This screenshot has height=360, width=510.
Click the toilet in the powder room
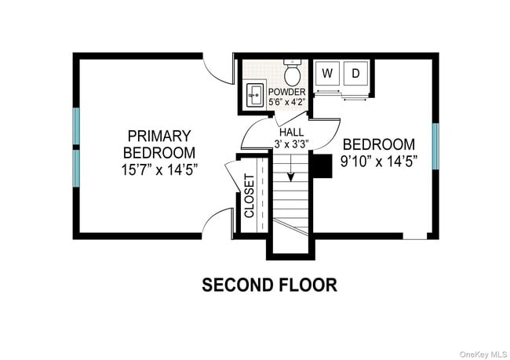[293, 73]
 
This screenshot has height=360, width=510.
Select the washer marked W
[328, 74]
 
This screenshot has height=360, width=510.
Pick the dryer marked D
[355, 74]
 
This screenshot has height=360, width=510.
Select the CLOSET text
[250, 196]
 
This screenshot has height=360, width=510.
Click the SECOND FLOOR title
[269, 284]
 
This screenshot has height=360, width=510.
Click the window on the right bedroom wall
[434, 145]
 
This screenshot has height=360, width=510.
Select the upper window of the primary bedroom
[77, 125]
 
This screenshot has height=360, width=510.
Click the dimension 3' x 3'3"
[292, 144]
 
